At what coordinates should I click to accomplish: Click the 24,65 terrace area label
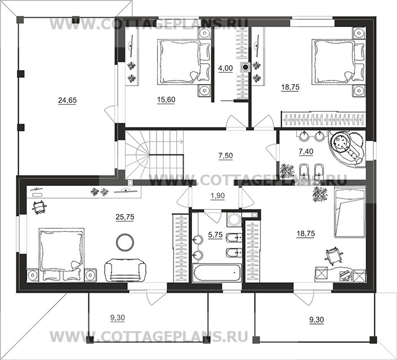pyautogui.click(x=68, y=101)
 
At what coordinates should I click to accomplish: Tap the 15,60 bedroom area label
pyautogui.click(x=166, y=100)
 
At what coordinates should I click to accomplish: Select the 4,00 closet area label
pyautogui.click(x=225, y=68)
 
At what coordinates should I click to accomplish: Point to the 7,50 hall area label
pyautogui.click(x=226, y=155)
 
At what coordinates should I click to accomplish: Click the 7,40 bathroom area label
pyautogui.click(x=306, y=152)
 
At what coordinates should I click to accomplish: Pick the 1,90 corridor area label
pyautogui.click(x=217, y=196)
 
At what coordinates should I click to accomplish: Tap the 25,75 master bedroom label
pyautogui.click(x=125, y=217)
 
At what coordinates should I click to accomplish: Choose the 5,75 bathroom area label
pyautogui.click(x=215, y=235)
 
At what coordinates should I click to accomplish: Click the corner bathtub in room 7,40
pyautogui.click(x=347, y=149)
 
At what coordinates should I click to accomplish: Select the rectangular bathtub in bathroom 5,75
pyautogui.click(x=217, y=273)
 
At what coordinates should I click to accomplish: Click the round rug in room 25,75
pyautogui.click(x=124, y=242)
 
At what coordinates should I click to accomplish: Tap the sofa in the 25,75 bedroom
pyautogui.click(x=126, y=270)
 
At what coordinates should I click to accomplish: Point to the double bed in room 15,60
pyautogui.click(x=184, y=61)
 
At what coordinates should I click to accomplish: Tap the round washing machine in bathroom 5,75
pyautogui.click(x=234, y=219)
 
